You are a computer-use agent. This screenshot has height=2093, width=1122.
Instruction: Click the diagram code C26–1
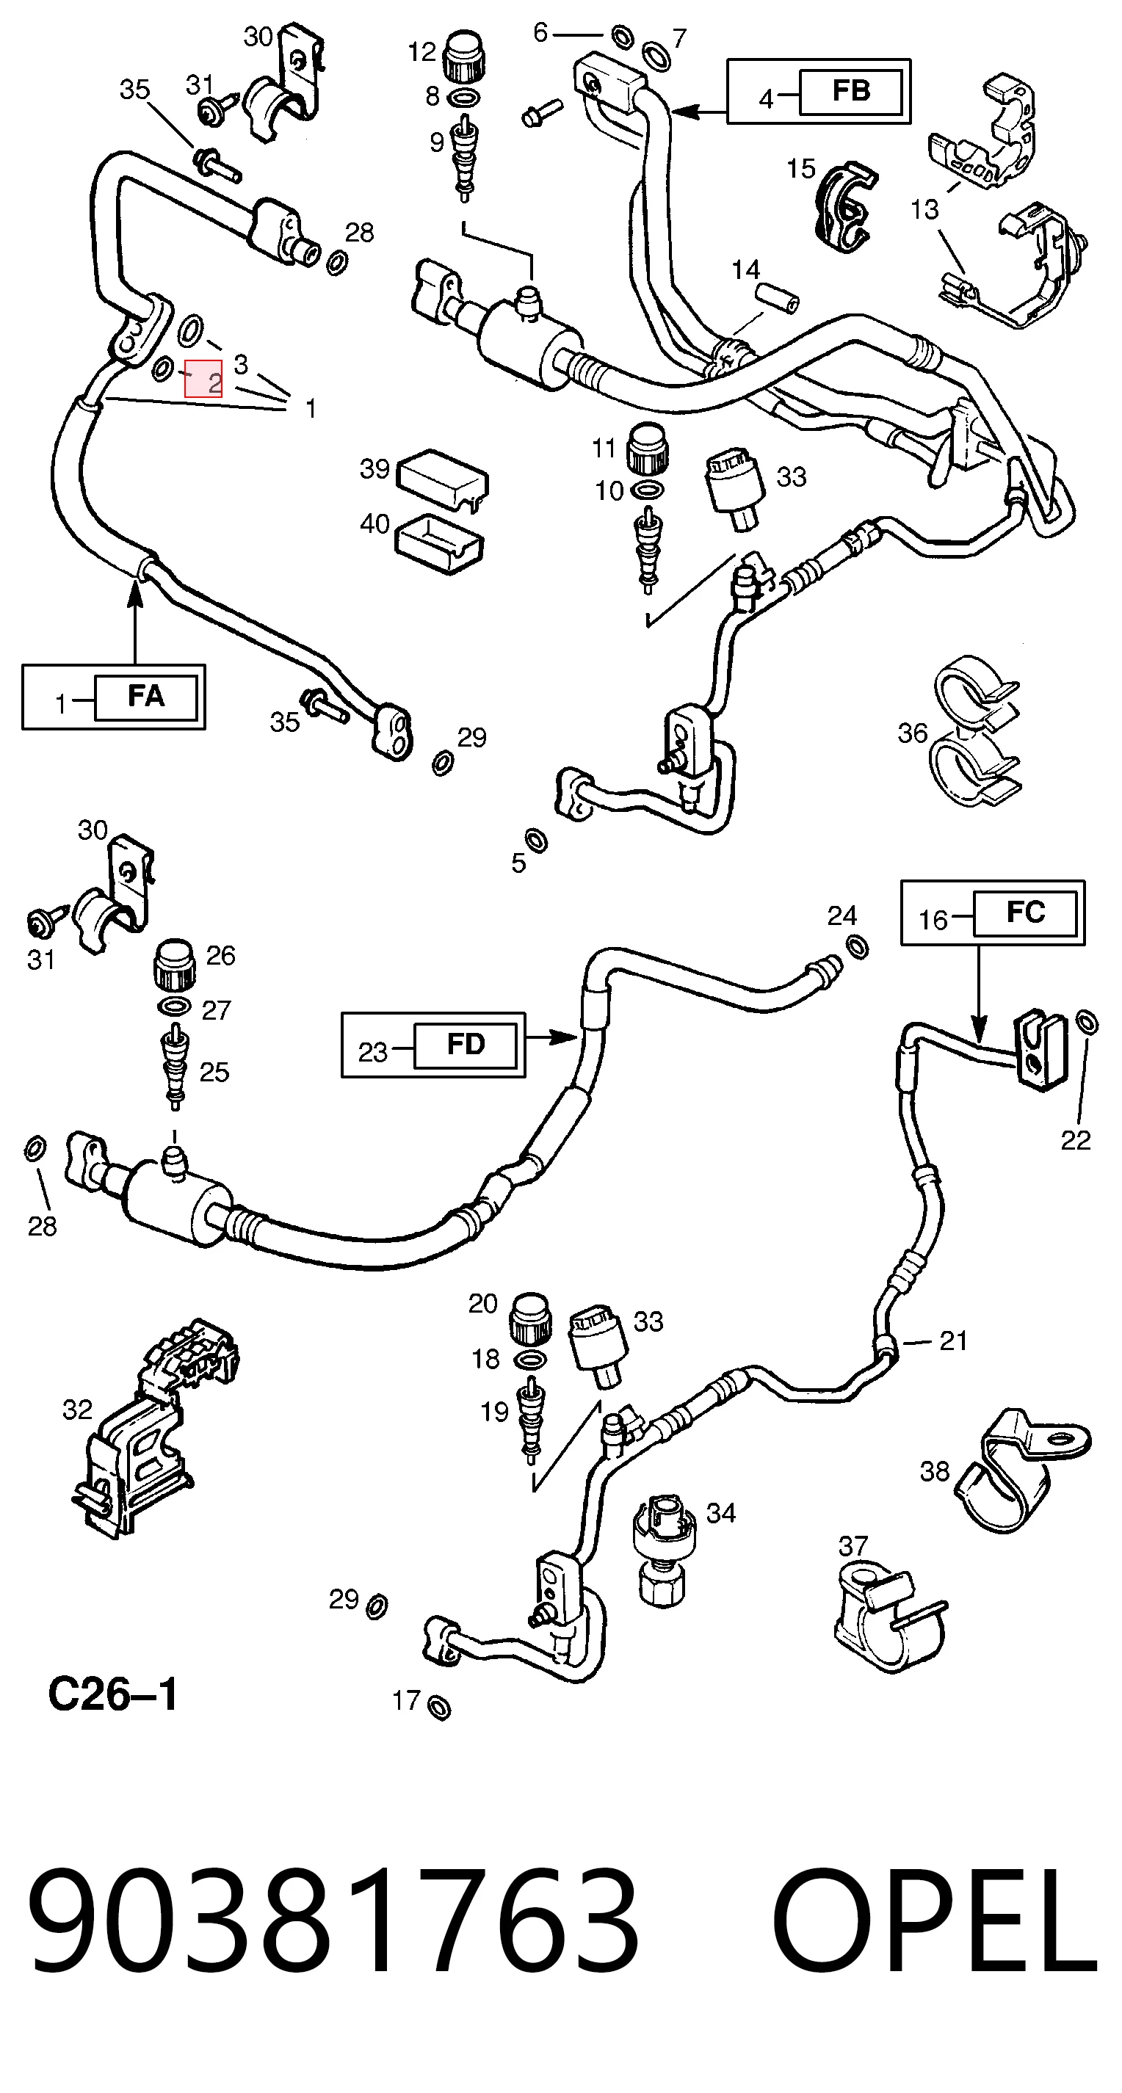(113, 1696)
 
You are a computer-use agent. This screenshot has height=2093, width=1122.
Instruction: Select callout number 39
(374, 469)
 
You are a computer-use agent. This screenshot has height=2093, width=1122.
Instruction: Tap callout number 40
(374, 524)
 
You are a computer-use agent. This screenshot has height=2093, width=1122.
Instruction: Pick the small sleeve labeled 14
(778, 298)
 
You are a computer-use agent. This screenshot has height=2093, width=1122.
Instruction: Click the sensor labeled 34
(665, 1547)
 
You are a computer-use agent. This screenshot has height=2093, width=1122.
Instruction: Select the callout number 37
(853, 1545)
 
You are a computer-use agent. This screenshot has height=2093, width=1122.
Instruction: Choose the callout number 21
(953, 1341)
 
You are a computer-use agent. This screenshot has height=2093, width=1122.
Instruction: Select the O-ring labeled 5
(536, 840)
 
